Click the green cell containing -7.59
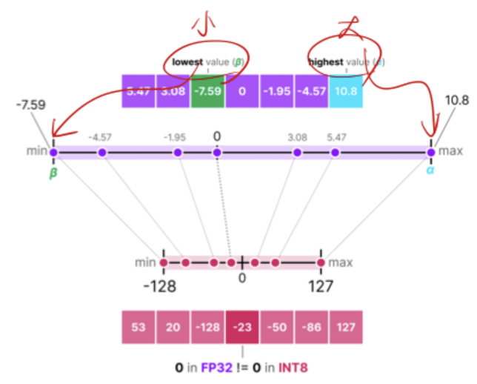point(207,92)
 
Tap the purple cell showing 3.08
point(173,92)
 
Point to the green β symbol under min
point(53,173)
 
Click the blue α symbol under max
point(430,171)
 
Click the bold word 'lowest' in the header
point(187,63)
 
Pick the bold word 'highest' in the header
point(326,63)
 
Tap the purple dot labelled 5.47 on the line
point(335,153)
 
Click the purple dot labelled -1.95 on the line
point(178,153)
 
